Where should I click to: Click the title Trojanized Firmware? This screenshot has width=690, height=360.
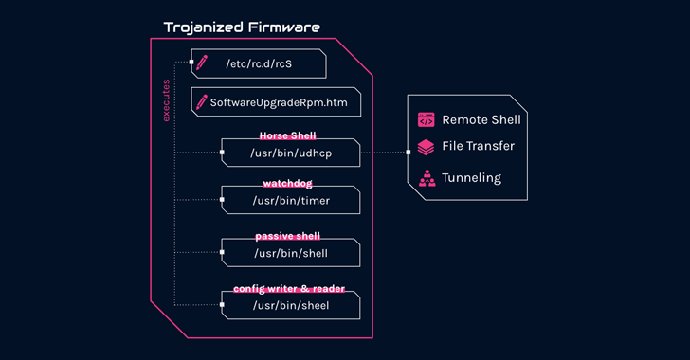point(242,27)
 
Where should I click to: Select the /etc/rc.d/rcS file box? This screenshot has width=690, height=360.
point(259,63)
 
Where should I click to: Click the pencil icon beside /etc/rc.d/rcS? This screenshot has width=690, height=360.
point(201,63)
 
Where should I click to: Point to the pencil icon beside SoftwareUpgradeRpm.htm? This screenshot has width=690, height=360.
point(201,100)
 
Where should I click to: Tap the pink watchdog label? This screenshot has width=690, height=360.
point(287,184)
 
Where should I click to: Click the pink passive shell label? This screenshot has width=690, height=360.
point(287,236)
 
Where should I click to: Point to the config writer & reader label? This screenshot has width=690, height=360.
point(288,289)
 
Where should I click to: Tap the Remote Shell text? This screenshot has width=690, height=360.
point(481,120)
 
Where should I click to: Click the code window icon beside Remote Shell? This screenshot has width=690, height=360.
point(427,120)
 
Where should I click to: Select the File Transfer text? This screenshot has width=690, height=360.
point(478,146)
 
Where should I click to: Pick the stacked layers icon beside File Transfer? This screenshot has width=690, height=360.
point(427,147)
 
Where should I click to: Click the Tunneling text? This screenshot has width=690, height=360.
point(471,177)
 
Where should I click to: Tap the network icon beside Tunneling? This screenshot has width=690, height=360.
point(427,177)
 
